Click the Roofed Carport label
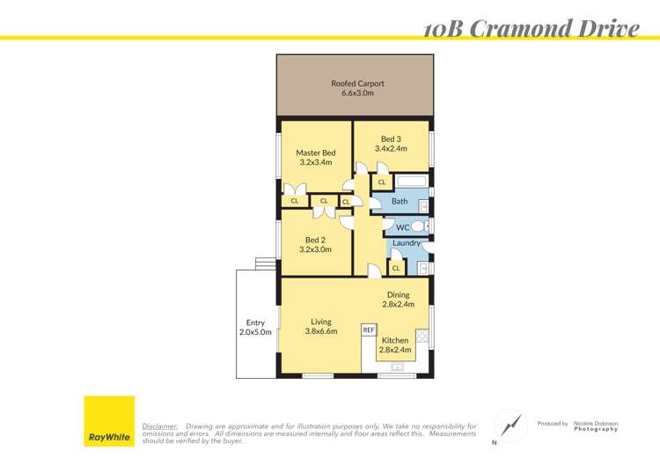[357, 84]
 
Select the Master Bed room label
[315, 152]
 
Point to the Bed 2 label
[316, 240]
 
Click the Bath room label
[400, 202]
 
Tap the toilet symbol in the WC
[417, 226]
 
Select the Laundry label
[406, 243]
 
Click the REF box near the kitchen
[369, 330]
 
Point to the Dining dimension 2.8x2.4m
[399, 305]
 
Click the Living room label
[320, 322]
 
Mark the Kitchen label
[395, 340]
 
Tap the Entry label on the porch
[255, 322]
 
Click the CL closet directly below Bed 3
[381, 183]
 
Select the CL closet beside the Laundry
[395, 268]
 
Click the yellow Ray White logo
[109, 421]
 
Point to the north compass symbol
[510, 426]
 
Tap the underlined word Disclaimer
[159, 426]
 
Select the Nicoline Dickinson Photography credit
[596, 426]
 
